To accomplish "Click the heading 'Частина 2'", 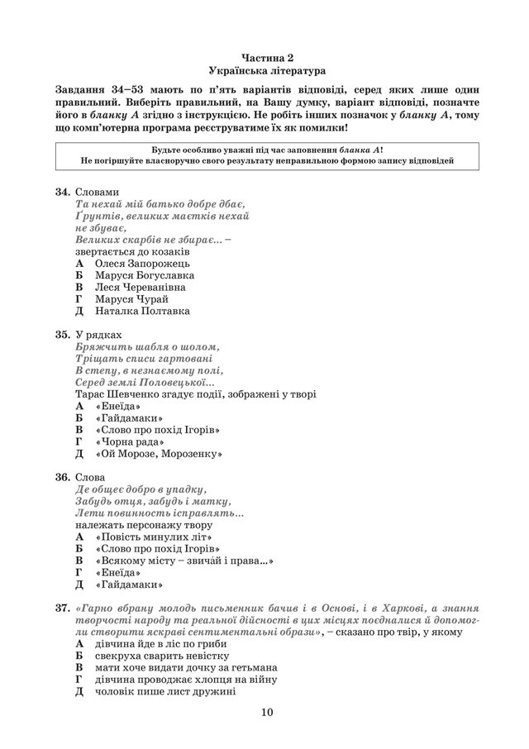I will point(264,56).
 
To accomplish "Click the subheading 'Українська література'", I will point(264,71).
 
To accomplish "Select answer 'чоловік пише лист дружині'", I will point(164,690).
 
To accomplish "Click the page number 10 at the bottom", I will point(264,713).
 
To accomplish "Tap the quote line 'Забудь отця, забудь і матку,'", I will point(153,501).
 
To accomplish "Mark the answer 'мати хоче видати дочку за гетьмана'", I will point(186,666).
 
